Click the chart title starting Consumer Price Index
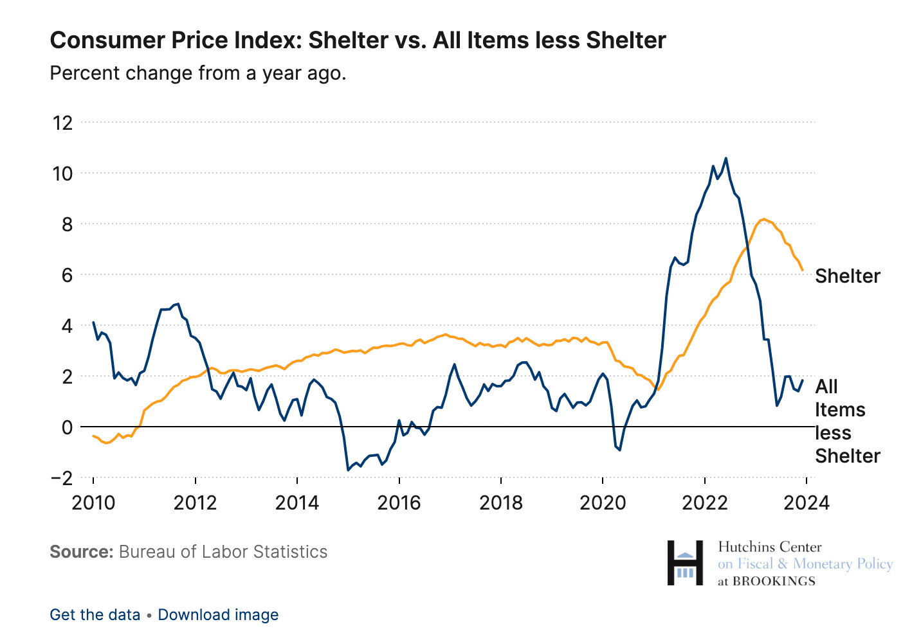tap(358, 40)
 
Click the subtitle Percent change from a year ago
tap(198, 73)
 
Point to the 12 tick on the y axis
tap(63, 122)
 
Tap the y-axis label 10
tap(63, 173)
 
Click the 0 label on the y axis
tap(67, 427)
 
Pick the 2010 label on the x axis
tap(93, 502)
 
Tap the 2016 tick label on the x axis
tap(399, 502)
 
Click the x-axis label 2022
tap(704, 502)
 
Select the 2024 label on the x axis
tap(807, 502)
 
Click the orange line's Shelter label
tap(847, 276)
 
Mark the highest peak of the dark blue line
tap(725, 158)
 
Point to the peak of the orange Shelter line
tap(763, 219)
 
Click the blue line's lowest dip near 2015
tap(348, 470)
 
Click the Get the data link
tap(95, 615)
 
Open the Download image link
tap(218, 615)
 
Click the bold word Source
tap(81, 552)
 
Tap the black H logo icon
tap(685, 563)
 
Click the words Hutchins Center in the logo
tap(769, 547)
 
